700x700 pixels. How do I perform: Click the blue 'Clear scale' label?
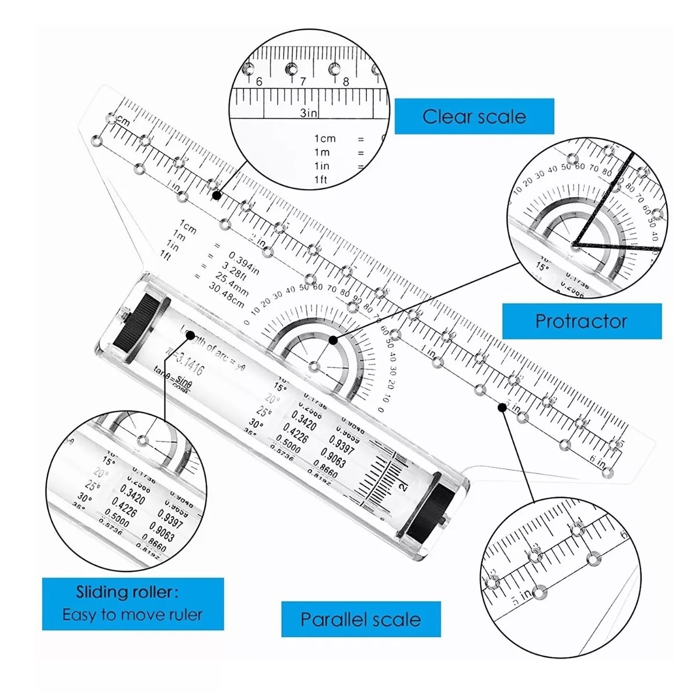click(474, 117)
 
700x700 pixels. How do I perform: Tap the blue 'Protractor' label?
click(581, 321)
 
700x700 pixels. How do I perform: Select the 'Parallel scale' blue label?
click(360, 619)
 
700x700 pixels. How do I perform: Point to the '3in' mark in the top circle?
click(309, 113)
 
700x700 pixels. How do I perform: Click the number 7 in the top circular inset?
click(303, 82)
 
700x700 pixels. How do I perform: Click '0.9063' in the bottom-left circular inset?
click(160, 531)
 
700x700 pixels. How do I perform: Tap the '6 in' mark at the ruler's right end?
click(597, 460)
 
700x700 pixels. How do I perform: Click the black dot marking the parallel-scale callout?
click(503, 407)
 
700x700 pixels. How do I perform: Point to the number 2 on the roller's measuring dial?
click(401, 487)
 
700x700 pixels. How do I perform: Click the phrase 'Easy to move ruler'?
click(132, 614)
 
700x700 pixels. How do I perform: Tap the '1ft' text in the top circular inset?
click(321, 180)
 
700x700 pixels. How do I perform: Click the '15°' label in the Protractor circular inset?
click(542, 267)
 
